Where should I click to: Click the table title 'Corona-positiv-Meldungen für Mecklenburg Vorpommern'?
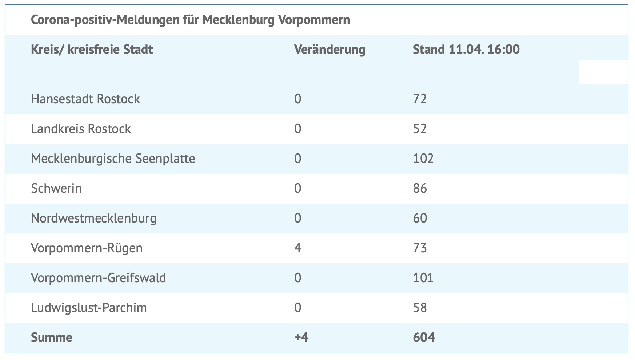click(x=190, y=20)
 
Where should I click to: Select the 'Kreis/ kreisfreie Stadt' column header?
click(x=92, y=49)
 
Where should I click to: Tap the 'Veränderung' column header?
click(x=330, y=49)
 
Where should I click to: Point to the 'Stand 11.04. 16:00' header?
click(x=466, y=49)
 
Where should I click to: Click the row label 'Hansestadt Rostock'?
click(x=85, y=99)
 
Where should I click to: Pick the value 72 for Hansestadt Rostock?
click(x=420, y=99)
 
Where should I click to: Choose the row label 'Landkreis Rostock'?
click(x=81, y=129)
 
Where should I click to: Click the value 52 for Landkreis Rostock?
click(x=420, y=129)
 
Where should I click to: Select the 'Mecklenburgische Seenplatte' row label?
click(x=113, y=159)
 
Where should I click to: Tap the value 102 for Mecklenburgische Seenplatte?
click(x=423, y=159)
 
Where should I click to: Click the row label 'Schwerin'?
click(x=56, y=188)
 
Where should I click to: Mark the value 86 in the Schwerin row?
click(x=420, y=188)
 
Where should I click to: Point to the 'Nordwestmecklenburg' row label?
click(x=94, y=218)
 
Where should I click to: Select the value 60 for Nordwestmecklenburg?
click(x=420, y=218)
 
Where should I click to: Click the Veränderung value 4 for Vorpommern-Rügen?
click(x=297, y=248)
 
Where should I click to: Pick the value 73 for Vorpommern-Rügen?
click(x=420, y=248)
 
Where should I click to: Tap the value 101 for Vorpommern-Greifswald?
click(x=423, y=278)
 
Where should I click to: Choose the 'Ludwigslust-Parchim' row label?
click(x=89, y=308)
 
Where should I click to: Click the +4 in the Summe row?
click(x=301, y=337)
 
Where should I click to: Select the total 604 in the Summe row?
click(x=424, y=337)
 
